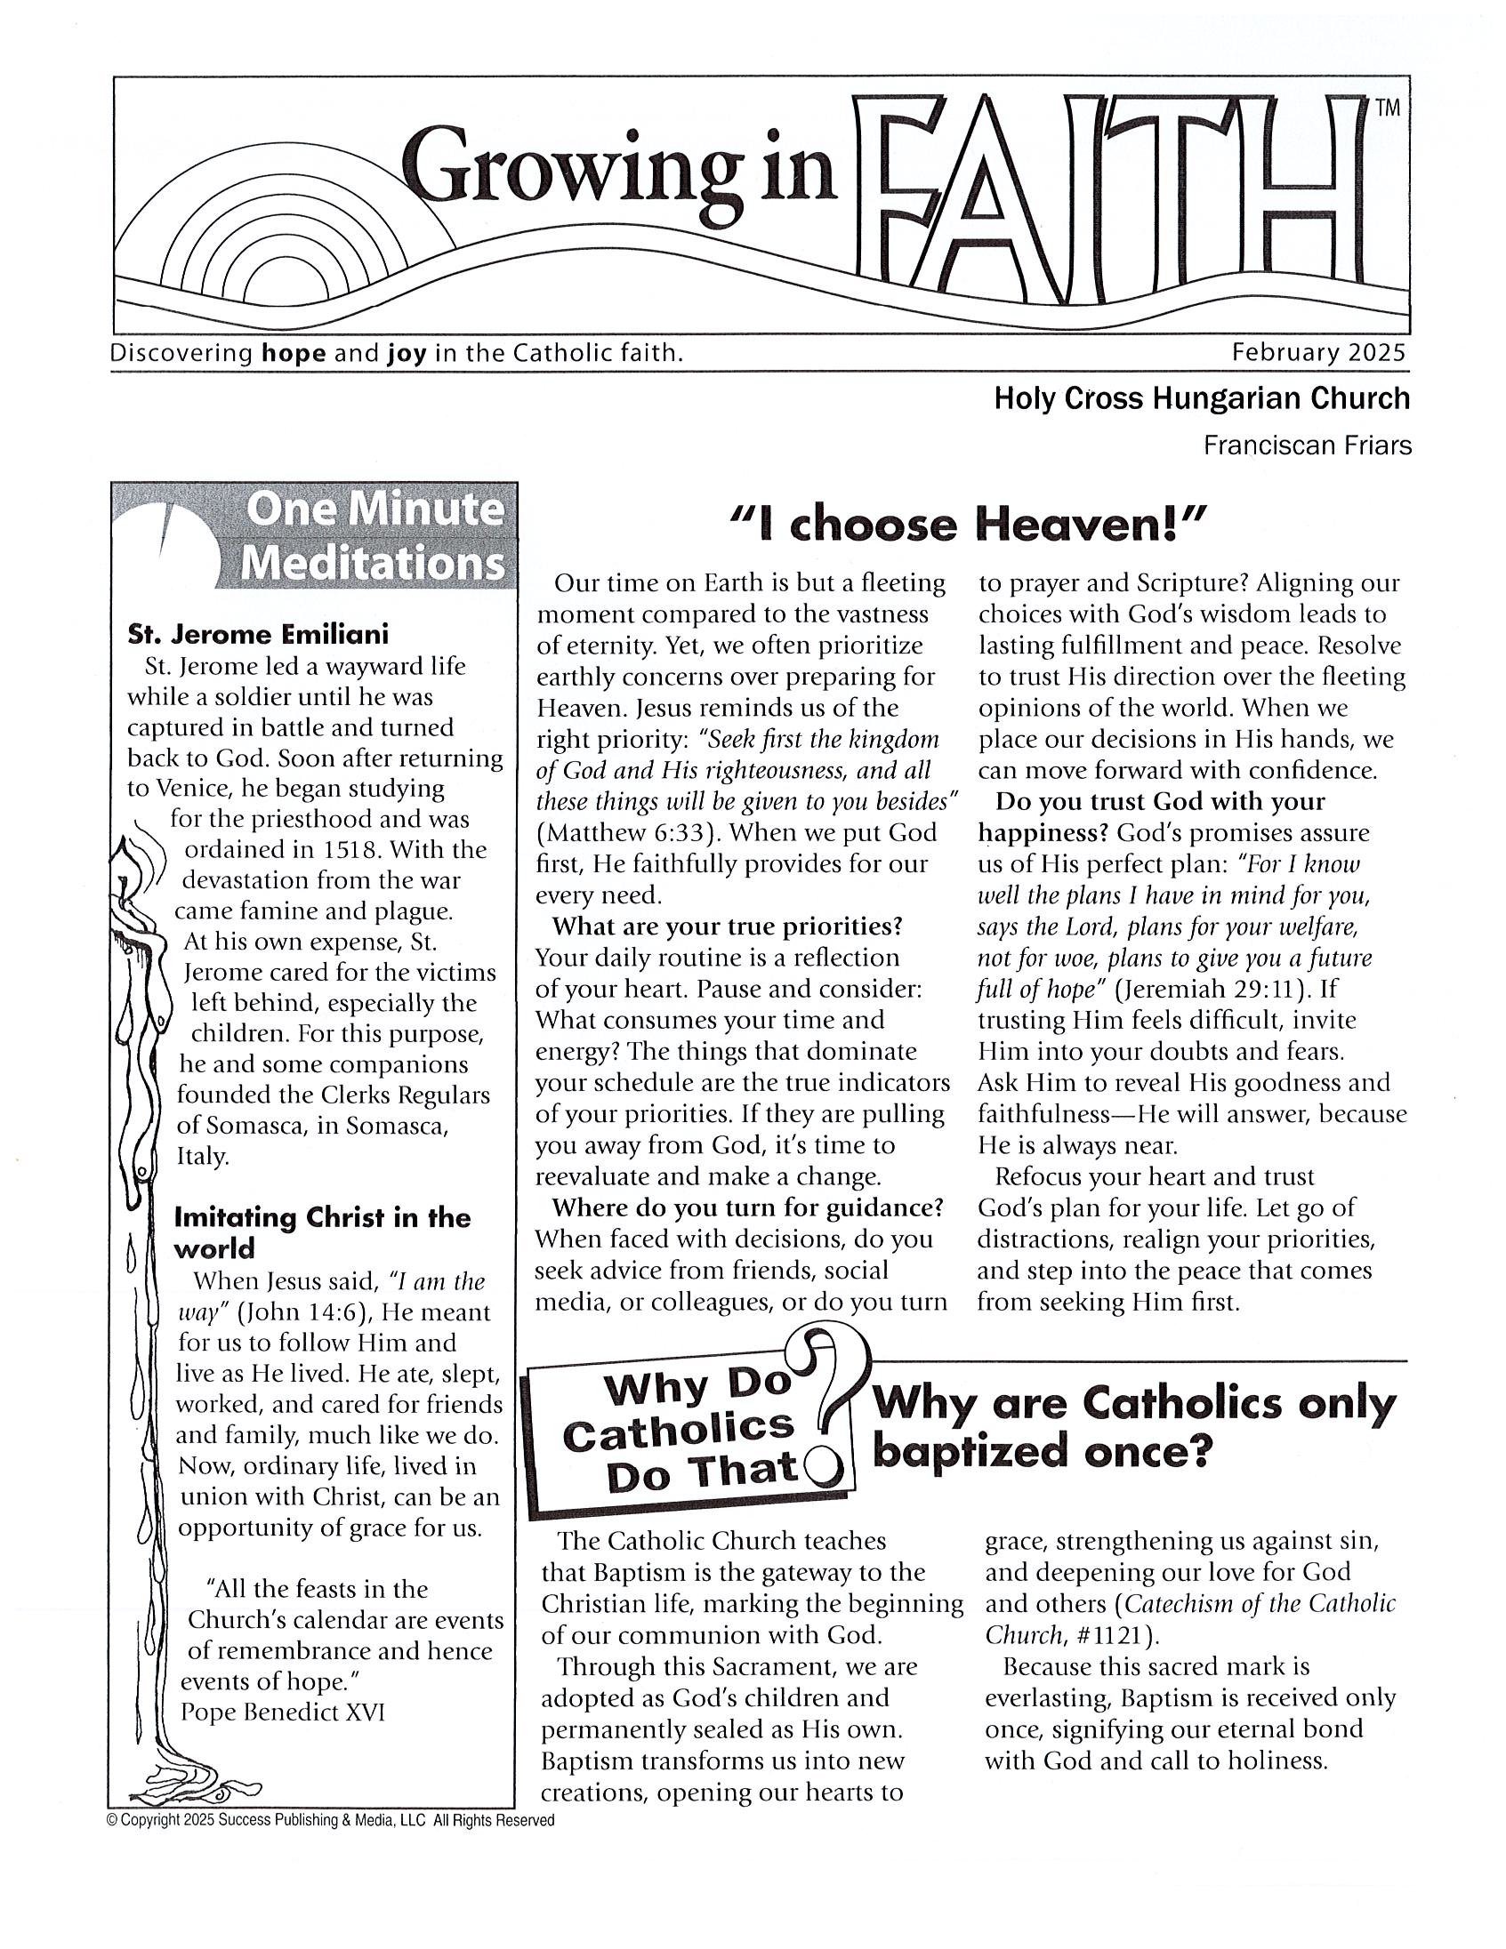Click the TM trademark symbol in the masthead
pos(1388,108)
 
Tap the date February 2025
pos(1318,352)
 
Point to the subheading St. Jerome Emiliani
pos(258,635)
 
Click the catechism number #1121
pos(1112,1635)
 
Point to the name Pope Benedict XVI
pos(282,1711)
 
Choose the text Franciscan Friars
pos(1307,445)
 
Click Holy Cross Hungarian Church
pos(1202,398)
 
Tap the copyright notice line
pos(330,1819)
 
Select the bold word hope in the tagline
pos(293,353)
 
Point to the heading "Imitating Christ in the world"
pos(321,1232)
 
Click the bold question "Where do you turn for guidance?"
pos(747,1207)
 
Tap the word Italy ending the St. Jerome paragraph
pos(203,1156)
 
